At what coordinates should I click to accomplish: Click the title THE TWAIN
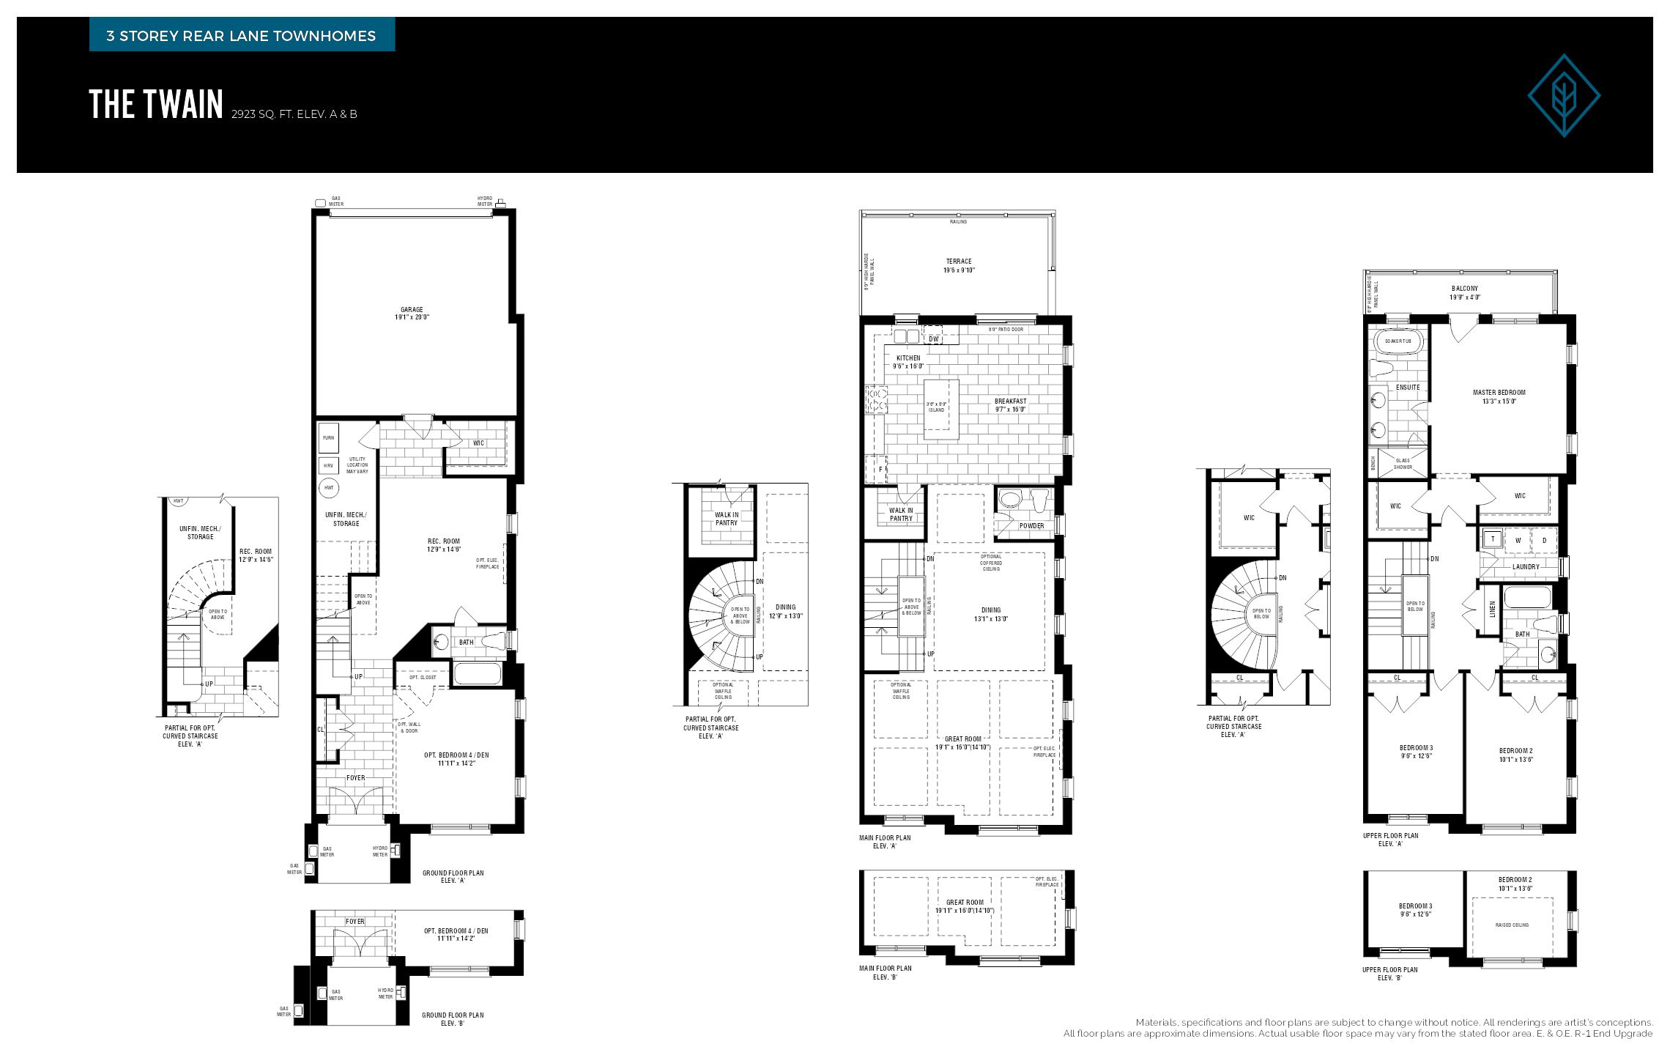[156, 105]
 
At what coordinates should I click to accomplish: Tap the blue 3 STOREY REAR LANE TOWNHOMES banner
[242, 35]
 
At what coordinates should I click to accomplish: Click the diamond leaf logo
[1563, 95]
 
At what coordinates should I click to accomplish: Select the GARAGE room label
[412, 314]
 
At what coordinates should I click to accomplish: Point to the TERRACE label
[958, 265]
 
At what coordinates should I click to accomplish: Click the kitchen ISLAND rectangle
[940, 409]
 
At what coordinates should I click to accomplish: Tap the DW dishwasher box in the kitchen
[933, 338]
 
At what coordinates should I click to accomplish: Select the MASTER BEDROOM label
[1499, 396]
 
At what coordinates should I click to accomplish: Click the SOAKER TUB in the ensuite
[1398, 341]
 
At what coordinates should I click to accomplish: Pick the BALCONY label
[1464, 292]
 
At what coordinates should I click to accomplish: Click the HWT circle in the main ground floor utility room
[329, 487]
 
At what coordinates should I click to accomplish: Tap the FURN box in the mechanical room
[328, 438]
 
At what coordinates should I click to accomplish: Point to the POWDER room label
[1031, 525]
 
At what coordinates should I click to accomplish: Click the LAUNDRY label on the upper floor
[1526, 566]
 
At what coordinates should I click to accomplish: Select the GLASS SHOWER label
[1403, 464]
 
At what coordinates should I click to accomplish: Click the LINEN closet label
[1492, 609]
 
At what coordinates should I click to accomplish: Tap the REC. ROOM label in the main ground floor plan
[444, 545]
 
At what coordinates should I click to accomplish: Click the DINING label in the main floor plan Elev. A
[990, 614]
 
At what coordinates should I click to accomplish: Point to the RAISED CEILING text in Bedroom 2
[1512, 925]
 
